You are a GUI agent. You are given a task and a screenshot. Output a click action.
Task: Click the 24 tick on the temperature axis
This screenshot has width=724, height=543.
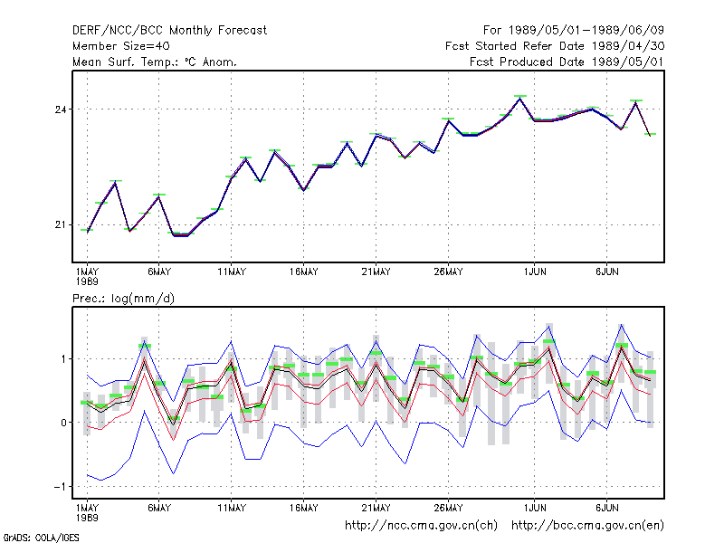point(61,110)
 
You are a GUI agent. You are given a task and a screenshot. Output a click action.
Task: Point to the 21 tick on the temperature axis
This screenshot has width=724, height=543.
point(61,224)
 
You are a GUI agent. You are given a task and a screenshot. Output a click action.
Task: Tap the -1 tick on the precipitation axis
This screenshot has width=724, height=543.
point(60,487)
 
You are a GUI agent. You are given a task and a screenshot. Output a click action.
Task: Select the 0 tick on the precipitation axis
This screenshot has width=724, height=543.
point(63,423)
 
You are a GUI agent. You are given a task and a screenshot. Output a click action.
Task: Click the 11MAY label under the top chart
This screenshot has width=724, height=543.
point(232,272)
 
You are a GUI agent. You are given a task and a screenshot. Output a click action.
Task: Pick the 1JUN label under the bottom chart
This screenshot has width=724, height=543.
point(535,508)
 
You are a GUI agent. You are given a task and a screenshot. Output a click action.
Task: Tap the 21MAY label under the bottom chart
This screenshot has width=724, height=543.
point(376,508)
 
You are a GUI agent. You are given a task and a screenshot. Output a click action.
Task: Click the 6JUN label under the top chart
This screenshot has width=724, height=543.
point(607,272)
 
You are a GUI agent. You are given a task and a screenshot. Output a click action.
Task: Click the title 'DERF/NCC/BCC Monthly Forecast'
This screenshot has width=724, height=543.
point(169,31)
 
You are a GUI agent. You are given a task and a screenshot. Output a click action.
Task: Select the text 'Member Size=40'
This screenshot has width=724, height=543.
point(121,46)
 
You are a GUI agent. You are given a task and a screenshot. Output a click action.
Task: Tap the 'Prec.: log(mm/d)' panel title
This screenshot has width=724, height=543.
point(123,299)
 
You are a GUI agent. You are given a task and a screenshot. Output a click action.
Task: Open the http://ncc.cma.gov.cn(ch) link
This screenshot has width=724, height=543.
point(421,526)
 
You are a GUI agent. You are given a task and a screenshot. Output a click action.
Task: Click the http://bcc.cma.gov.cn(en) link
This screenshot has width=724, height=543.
point(587,526)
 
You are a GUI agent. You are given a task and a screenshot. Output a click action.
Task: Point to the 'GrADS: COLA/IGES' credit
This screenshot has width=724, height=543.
point(41,538)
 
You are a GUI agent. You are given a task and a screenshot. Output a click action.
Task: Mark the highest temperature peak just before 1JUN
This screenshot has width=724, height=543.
point(520,97)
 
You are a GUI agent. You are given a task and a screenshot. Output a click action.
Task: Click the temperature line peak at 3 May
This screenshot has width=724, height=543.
point(116,182)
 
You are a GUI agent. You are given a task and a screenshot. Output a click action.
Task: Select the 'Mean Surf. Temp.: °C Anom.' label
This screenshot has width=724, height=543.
point(155,62)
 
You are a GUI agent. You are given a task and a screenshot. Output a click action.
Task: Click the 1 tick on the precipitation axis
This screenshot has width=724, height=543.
point(63,358)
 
